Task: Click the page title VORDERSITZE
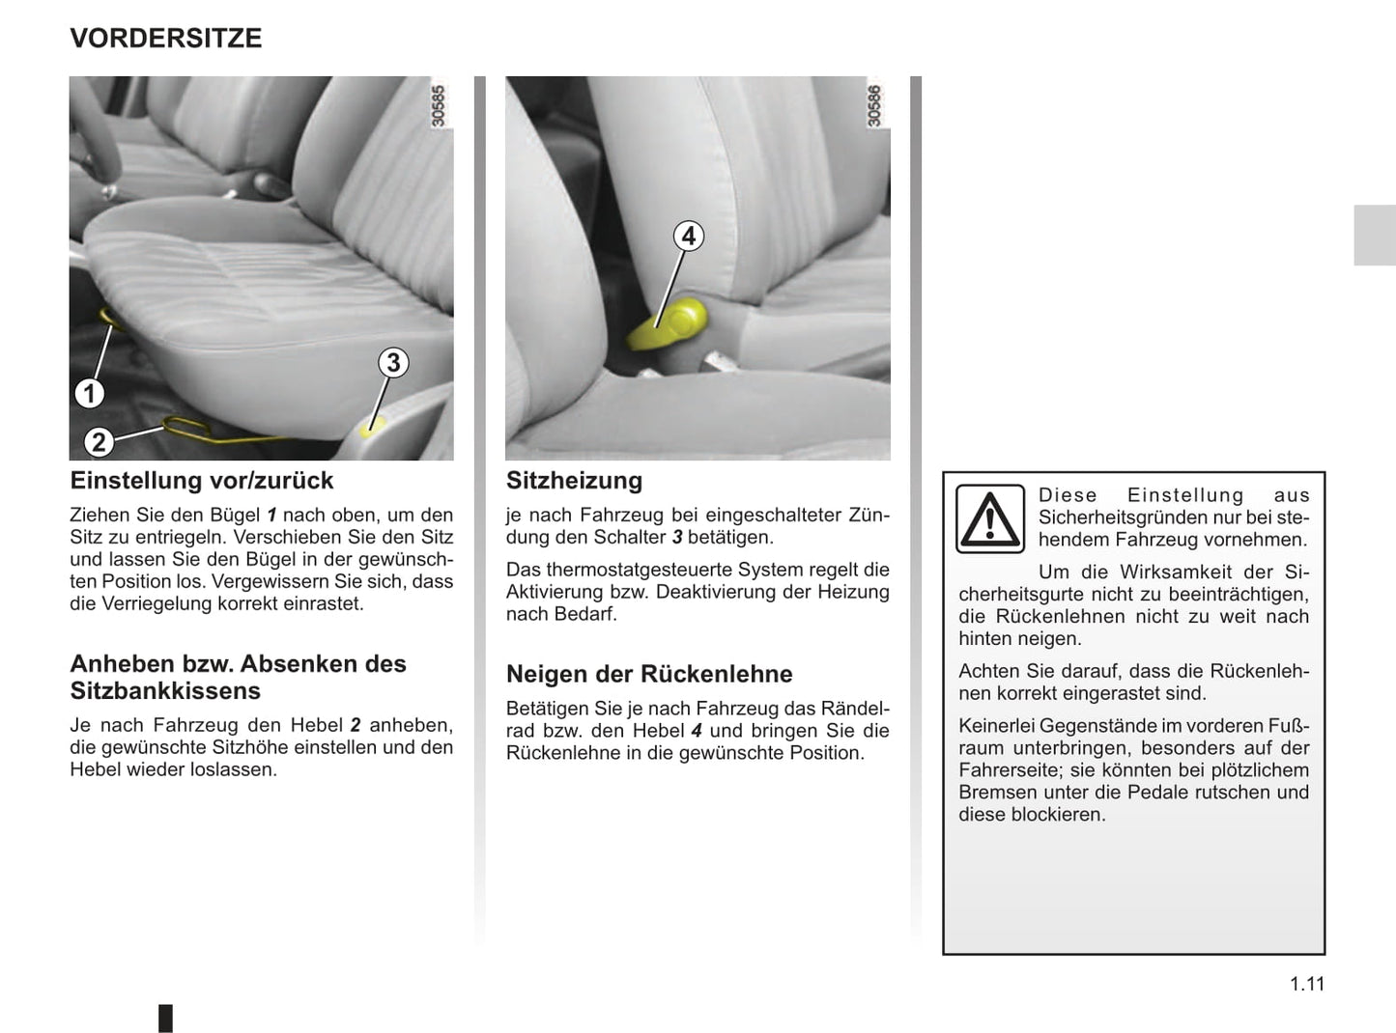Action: click(166, 39)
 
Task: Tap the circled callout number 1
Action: click(90, 393)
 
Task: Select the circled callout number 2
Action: click(99, 442)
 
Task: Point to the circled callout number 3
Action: click(392, 363)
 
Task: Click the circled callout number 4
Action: click(688, 237)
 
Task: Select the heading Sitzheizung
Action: click(574, 481)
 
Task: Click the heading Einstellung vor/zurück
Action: click(202, 481)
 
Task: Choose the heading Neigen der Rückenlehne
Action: click(649, 674)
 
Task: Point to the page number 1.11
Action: click(1307, 984)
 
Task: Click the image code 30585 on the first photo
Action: click(439, 106)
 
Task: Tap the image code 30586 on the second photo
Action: click(875, 106)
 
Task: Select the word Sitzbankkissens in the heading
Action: click(165, 691)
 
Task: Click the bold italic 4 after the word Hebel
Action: click(697, 731)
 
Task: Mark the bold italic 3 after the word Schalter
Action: click(677, 538)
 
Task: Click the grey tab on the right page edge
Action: click(1374, 235)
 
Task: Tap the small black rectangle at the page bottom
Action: click(165, 1018)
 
